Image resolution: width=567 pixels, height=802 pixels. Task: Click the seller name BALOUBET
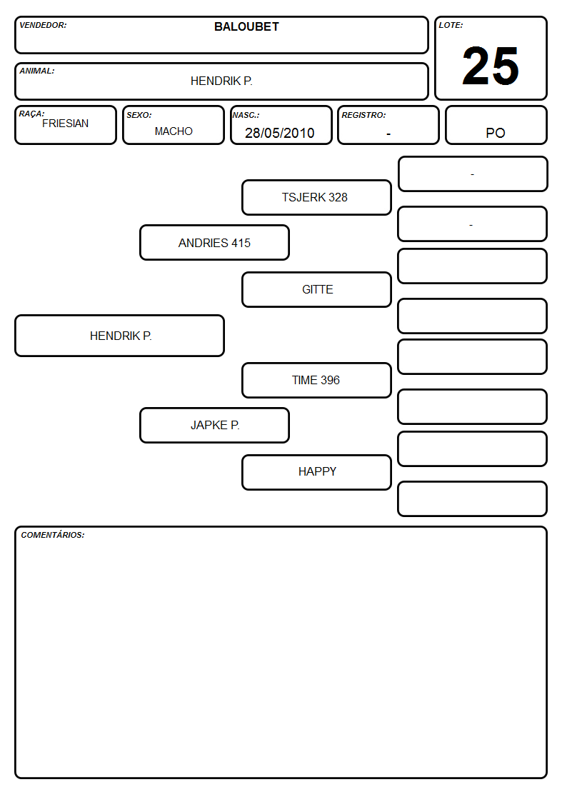point(246,26)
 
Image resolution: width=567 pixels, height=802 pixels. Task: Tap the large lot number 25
point(491,66)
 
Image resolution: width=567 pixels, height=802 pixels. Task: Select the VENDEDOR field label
point(43,25)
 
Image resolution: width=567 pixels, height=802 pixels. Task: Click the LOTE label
point(451,25)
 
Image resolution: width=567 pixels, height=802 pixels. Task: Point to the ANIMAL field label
point(37,71)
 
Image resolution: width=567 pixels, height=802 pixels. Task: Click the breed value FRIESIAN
point(66,124)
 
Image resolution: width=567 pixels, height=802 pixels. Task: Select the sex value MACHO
point(174,131)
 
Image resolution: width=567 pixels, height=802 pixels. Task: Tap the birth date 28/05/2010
point(280,133)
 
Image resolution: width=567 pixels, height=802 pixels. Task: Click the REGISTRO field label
point(363,115)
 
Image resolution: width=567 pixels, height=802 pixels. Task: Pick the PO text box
point(496,125)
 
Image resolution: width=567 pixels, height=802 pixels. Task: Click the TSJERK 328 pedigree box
point(316,197)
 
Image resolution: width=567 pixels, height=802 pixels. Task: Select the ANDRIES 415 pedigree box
point(214,242)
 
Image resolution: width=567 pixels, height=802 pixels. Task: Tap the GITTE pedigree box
point(316,289)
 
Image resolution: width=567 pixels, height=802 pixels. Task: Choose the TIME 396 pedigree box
point(316,380)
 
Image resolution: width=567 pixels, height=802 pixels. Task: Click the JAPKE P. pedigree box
point(214,425)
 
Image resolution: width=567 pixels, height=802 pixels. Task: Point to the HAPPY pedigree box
point(316,472)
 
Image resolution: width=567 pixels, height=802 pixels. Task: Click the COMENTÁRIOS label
point(53,535)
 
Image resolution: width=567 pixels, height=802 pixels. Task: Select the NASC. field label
point(246,115)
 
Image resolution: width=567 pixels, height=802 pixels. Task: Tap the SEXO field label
point(139,115)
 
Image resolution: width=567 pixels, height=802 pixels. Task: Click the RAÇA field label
point(31,114)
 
